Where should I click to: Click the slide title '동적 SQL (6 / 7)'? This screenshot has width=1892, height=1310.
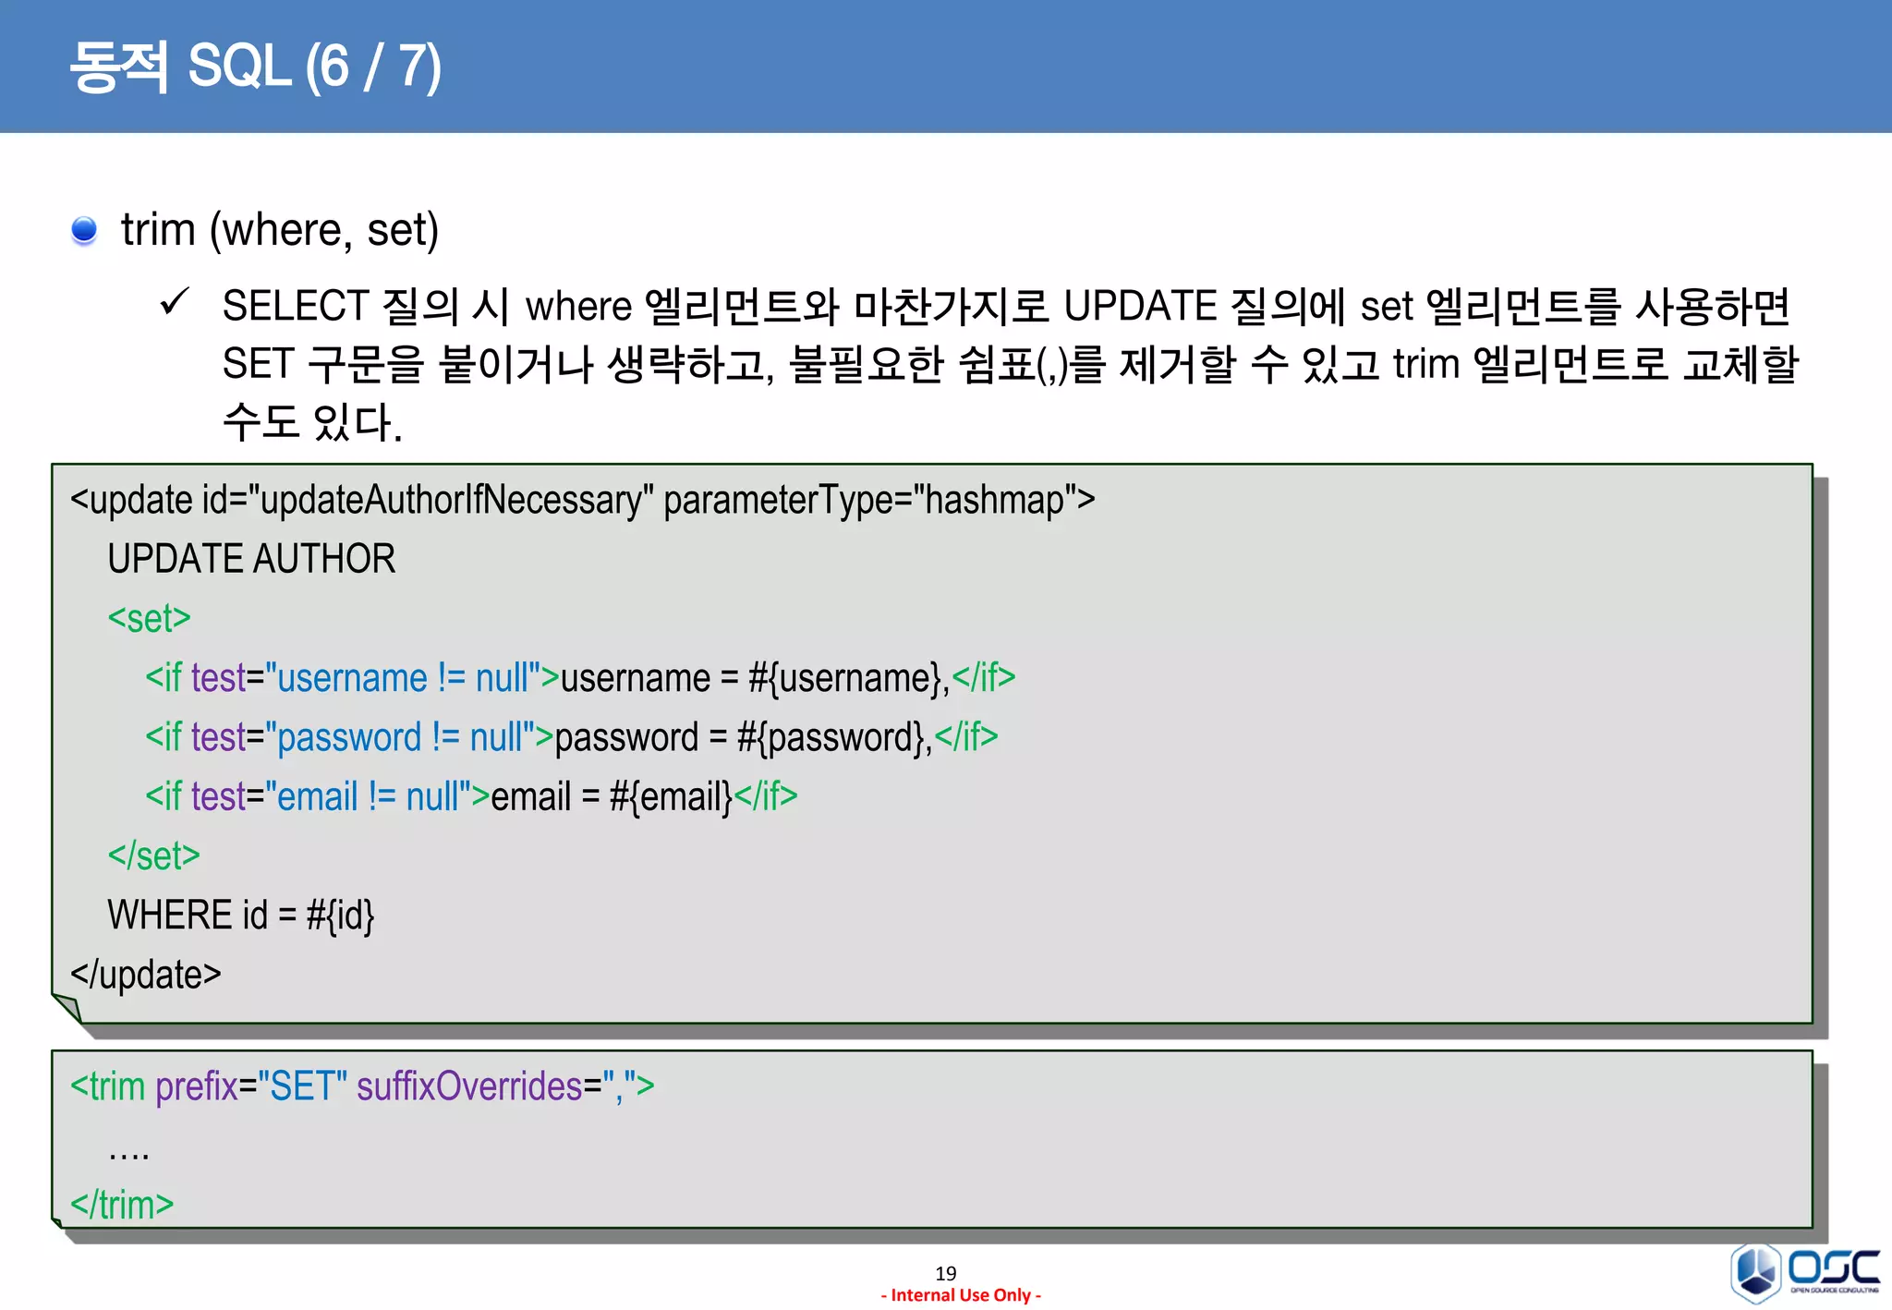click(x=255, y=67)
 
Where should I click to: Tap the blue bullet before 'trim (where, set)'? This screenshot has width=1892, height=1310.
click(x=84, y=230)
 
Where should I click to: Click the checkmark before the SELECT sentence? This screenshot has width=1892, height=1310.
click(x=174, y=302)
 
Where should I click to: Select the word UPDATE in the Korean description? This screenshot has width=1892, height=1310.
click(x=1140, y=307)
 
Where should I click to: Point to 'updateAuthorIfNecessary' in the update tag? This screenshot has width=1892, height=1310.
click(x=451, y=500)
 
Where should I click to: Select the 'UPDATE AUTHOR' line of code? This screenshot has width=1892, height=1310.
click(x=251, y=559)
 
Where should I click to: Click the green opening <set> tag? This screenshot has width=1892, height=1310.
click(x=149, y=618)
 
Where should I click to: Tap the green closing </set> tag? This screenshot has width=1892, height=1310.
click(x=153, y=855)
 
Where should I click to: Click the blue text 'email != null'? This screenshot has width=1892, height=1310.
click(x=368, y=796)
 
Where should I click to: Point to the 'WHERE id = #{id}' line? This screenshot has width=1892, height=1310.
click(x=240, y=915)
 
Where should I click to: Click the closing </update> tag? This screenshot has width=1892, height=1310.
click(x=146, y=975)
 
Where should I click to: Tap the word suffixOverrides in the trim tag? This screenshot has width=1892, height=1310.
click(x=469, y=1086)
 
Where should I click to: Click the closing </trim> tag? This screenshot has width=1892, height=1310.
click(x=122, y=1205)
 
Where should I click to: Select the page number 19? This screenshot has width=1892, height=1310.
click(x=946, y=1273)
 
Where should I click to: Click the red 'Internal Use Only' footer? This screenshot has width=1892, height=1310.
click(x=961, y=1295)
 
